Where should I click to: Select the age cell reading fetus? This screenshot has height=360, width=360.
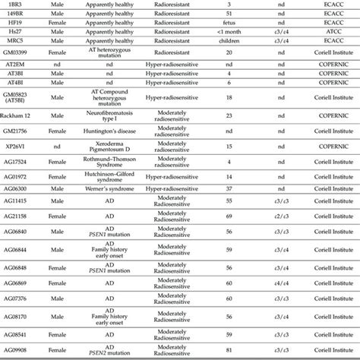[x=228, y=24]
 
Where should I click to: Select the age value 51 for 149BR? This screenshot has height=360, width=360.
[x=228, y=14]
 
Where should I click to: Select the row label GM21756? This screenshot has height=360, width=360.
[x=17, y=131]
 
